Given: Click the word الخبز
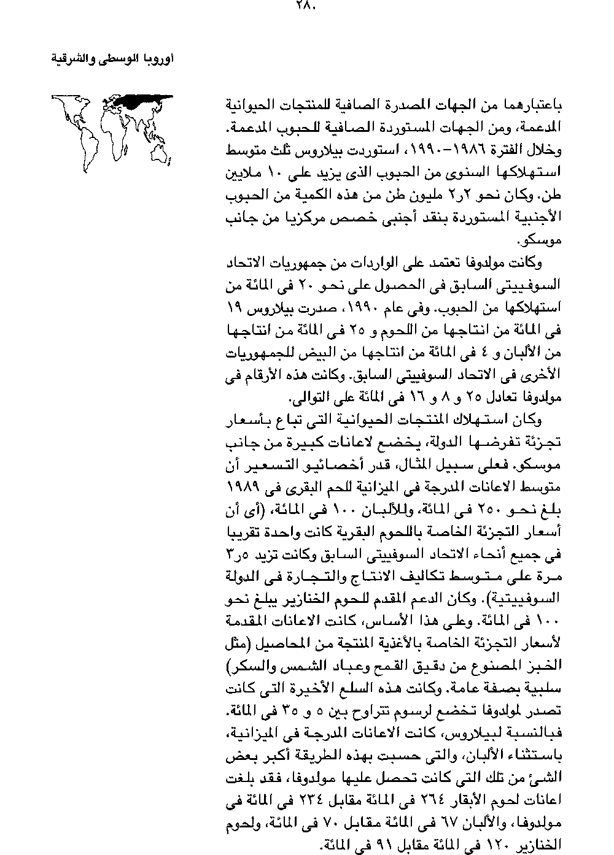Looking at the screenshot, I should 548,667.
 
